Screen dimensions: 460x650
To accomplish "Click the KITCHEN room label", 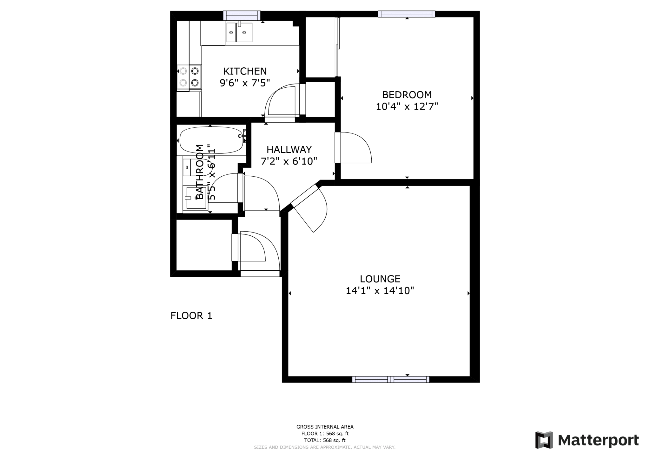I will (x=245, y=71).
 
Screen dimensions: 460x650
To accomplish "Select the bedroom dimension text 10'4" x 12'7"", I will (x=407, y=106).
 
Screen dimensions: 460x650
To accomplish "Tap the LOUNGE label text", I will (x=380, y=279).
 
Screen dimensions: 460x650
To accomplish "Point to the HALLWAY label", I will (x=289, y=149).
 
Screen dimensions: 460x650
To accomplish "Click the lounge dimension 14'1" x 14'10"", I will (x=380, y=291).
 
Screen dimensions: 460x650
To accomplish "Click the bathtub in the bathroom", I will (x=211, y=140).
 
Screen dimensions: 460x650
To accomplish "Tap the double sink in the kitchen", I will (x=239, y=32).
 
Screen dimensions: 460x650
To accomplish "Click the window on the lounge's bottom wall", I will (x=391, y=379).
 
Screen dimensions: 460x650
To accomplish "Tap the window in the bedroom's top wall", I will (x=406, y=14).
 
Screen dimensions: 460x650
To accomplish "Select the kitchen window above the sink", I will (x=242, y=15).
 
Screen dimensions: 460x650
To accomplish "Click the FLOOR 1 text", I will (x=191, y=316).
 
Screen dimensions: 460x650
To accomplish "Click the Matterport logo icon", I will (x=544, y=440).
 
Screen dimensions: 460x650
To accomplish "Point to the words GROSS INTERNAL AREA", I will (x=325, y=427).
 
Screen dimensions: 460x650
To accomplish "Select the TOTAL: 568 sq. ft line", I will (x=325, y=440).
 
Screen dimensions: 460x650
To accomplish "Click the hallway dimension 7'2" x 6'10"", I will (x=289, y=161).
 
